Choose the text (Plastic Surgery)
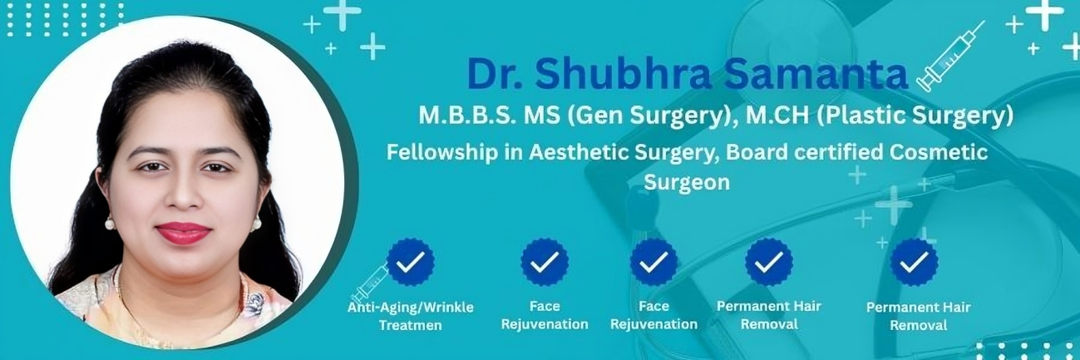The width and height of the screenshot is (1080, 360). click(915, 116)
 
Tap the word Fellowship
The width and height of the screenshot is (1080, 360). click(438, 153)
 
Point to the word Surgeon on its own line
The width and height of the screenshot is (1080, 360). click(686, 182)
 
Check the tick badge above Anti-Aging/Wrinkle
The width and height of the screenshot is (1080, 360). click(410, 262)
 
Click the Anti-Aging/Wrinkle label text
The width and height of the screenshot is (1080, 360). click(410, 308)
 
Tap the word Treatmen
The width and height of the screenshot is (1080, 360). click(410, 325)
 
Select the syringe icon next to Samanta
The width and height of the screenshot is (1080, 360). click(950, 56)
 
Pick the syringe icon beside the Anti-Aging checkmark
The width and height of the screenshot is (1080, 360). click(369, 284)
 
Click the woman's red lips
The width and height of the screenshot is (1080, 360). click(183, 233)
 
